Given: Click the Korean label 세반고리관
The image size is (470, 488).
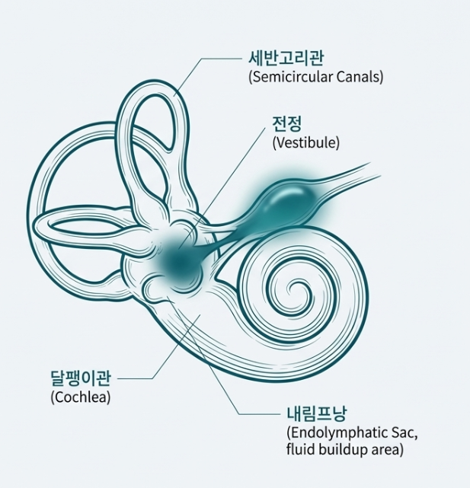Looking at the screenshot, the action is click(281, 58).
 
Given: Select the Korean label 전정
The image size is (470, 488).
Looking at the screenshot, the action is click(287, 124).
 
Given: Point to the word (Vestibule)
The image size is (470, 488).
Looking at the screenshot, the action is click(305, 142).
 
